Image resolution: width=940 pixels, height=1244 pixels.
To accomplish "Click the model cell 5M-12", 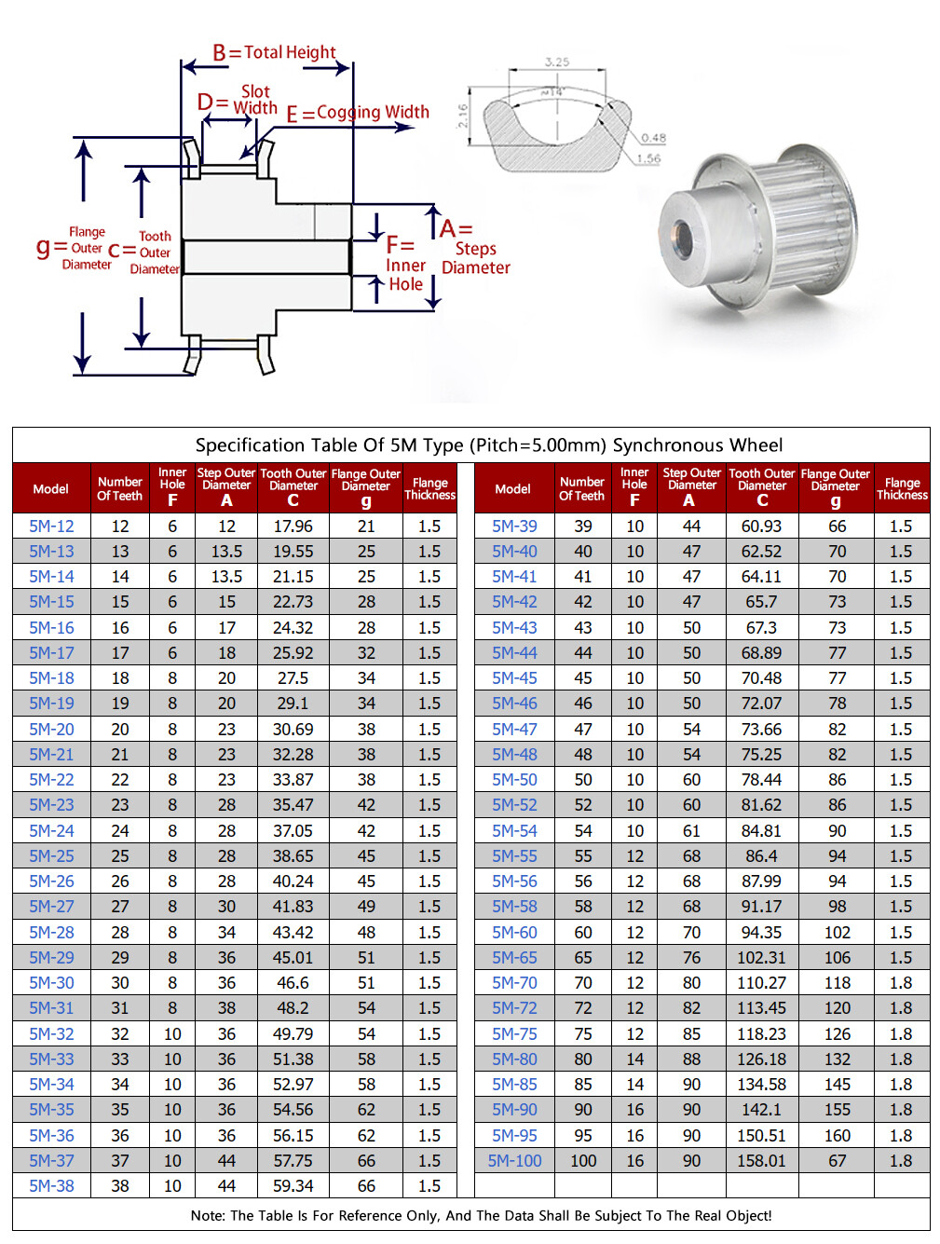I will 51,526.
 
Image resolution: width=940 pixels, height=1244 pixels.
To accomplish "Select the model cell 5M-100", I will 514,1161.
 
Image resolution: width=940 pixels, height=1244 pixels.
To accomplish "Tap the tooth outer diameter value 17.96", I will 293,526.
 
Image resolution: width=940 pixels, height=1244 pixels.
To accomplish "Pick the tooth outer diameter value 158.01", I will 761,1161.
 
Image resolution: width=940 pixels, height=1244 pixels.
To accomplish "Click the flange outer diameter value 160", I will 837,1136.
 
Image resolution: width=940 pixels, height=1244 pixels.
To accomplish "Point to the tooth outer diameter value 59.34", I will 293,1186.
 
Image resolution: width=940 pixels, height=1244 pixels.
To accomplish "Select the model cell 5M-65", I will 514,958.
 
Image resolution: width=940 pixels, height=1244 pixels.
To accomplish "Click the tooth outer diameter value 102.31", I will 761,958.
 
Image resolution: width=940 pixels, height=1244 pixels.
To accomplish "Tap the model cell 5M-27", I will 51,907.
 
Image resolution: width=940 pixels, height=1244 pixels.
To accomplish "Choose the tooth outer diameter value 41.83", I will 293,907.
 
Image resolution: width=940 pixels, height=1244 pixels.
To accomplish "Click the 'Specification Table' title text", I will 489,445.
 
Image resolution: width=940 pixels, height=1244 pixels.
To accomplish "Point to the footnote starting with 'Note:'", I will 481,1215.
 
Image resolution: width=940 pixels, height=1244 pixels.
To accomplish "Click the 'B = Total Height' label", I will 274,53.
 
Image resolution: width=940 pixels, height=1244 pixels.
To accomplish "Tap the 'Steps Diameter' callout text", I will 475,258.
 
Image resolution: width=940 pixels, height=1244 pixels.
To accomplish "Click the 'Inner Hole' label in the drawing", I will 405,275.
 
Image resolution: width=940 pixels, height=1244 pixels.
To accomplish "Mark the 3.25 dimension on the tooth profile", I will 557,62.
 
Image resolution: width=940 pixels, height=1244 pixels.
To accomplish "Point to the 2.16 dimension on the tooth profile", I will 463,116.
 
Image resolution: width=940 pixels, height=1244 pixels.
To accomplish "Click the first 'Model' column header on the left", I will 51,489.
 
